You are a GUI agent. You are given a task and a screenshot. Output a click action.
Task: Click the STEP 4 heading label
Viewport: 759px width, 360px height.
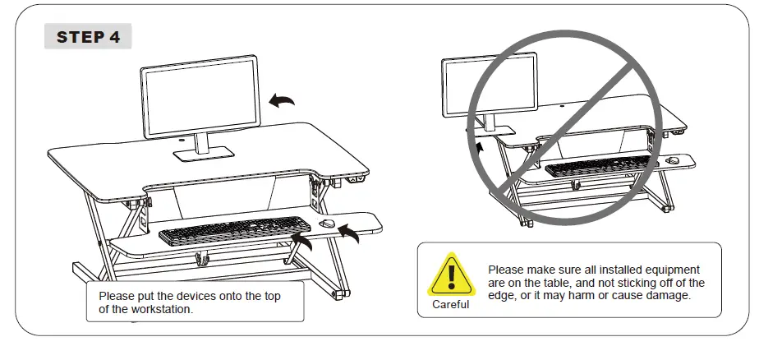click(88, 37)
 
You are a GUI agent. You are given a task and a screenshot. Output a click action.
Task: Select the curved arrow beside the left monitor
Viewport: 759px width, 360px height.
click(283, 100)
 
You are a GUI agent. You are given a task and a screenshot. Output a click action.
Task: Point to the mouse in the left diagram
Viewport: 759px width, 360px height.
click(326, 224)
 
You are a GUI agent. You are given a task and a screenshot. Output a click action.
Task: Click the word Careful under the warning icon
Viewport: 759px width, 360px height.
click(450, 305)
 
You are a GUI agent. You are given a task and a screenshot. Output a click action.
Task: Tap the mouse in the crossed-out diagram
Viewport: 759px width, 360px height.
click(673, 160)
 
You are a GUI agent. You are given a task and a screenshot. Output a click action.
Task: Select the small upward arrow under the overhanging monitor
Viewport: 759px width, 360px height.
click(480, 147)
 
